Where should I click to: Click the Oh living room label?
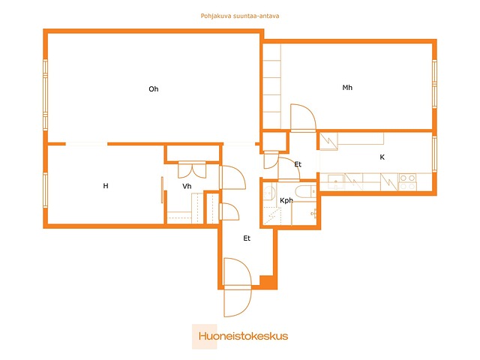[x=153, y=89]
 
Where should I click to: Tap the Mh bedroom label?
[x=347, y=88]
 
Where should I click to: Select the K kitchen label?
[x=382, y=157]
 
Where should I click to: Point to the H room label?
[x=106, y=186]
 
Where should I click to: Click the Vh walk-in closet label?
[x=187, y=186]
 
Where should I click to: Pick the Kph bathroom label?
[x=286, y=200]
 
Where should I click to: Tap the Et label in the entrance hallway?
[x=247, y=238]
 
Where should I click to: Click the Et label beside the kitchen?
[x=298, y=164]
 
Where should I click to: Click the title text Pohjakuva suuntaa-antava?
[x=240, y=16]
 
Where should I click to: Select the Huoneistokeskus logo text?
[x=243, y=336]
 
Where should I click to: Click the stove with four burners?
[x=407, y=181]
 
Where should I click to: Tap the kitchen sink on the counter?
[x=336, y=181]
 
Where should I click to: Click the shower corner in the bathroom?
[x=272, y=216]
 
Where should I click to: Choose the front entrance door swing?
[x=238, y=287]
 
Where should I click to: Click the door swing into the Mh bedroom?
[x=303, y=118]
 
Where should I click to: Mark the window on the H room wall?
[x=45, y=190]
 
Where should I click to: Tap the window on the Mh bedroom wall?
[x=434, y=83]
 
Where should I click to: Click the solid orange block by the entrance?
[x=268, y=282]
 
